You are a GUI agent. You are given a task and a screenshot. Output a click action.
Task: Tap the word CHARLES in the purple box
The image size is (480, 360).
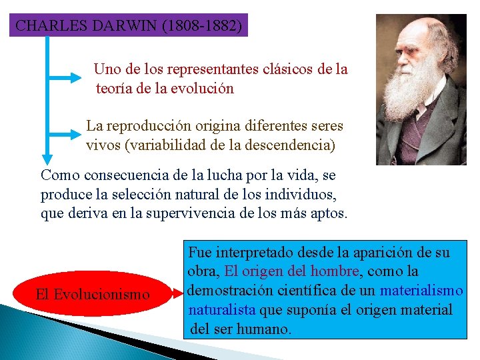(47, 26)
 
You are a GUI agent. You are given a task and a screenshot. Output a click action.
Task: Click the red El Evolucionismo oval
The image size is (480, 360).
(93, 294)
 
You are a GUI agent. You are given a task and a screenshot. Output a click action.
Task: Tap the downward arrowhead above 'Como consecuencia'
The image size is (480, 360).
(47, 159)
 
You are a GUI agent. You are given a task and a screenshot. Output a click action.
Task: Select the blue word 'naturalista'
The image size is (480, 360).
(222, 309)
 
